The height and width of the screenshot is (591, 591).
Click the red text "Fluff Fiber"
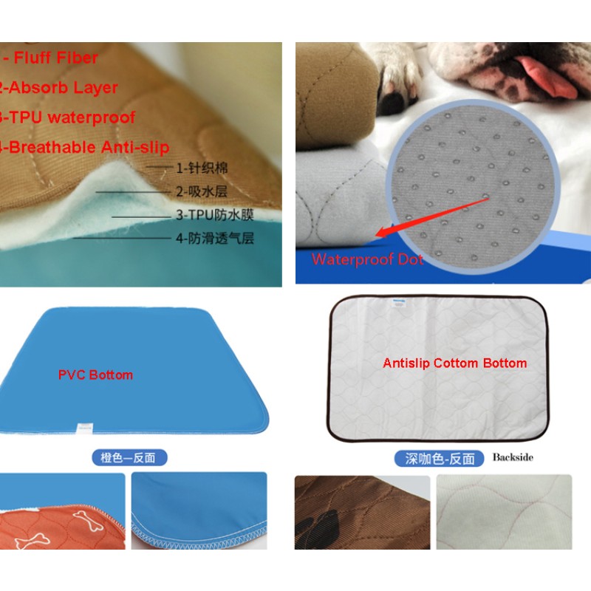[55, 57]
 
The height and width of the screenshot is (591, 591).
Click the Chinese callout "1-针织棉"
[202, 168]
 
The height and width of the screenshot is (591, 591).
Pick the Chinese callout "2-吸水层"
[202, 191]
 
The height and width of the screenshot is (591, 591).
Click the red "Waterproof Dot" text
[368, 259]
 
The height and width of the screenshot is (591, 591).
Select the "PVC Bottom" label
[95, 375]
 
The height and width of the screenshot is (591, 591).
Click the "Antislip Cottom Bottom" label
[454, 363]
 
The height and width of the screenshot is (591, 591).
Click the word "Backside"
[513, 457]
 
